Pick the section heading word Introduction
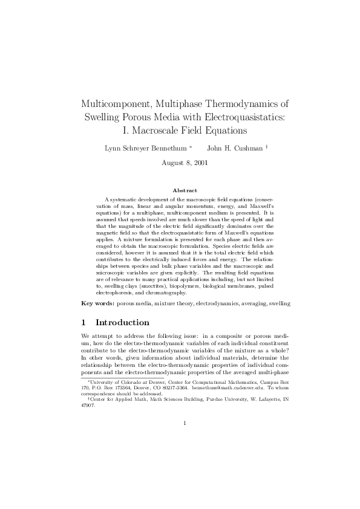pos(122,323)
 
